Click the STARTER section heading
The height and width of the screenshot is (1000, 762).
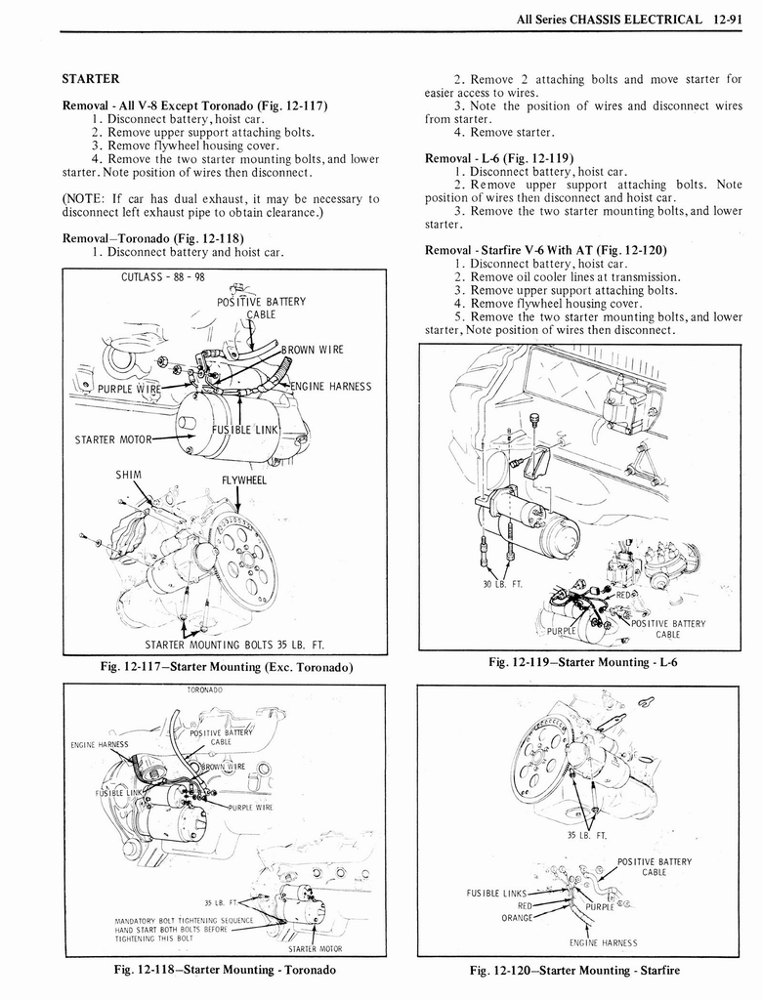click(91, 78)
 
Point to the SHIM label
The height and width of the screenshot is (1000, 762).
click(130, 475)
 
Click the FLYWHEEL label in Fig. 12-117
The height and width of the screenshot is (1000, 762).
click(244, 480)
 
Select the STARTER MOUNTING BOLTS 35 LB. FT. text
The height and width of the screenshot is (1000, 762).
click(234, 645)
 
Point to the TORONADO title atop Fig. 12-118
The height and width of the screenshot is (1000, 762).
click(205, 689)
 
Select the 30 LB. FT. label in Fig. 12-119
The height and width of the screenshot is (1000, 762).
click(502, 584)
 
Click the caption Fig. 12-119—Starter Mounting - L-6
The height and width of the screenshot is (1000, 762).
click(582, 663)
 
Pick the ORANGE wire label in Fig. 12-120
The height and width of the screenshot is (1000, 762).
click(517, 917)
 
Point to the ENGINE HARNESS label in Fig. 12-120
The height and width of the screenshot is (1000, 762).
click(604, 942)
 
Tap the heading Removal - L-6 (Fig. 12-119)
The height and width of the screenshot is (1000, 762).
click(499, 158)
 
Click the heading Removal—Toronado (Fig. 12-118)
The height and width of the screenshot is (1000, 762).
click(152, 238)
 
